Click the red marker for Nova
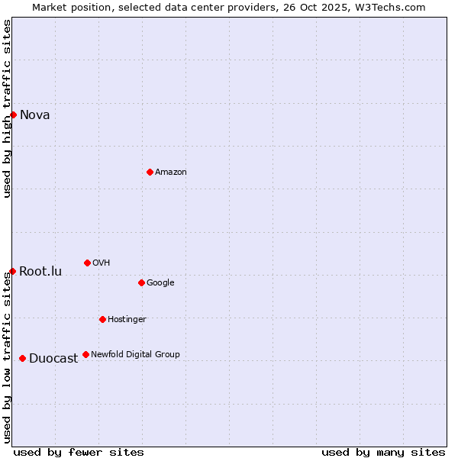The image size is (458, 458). pos(13,114)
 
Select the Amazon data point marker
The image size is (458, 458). pos(150,172)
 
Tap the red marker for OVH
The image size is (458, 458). pos(87,263)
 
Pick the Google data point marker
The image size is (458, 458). pos(141,282)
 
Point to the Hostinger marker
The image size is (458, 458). pos(102,319)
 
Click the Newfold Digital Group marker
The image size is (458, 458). pos(85,354)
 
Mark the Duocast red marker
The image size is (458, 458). pos(22,358)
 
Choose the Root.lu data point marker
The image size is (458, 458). pos(12,271)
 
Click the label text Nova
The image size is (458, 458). pos(35,115)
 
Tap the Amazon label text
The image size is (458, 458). pos(171,173)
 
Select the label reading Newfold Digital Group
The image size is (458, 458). pos(136,354)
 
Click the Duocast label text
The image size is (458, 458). pos(53,359)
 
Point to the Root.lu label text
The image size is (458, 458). pos(40,272)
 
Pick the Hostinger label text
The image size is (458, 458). pos(127,319)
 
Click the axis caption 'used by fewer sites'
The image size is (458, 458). pos(79,452)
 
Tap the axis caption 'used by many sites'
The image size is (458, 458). pos(383,452)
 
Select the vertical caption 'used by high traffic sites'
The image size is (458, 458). pos(8,108)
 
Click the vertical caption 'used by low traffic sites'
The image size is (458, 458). pos(8,356)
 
